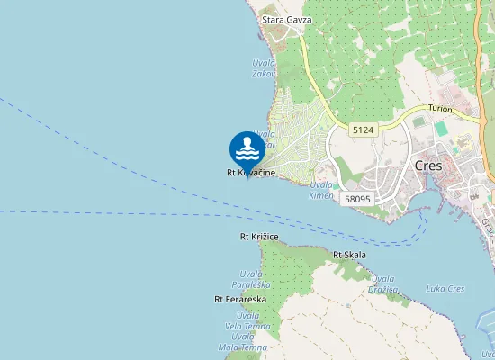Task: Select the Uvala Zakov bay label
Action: pyautogui.click(x=264, y=67)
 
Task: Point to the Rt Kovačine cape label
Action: pyautogui.click(x=250, y=172)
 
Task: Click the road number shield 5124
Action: pyautogui.click(x=363, y=130)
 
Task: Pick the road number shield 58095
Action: pyautogui.click(x=357, y=199)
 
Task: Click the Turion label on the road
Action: pyautogui.click(x=440, y=108)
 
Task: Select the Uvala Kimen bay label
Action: pyautogui.click(x=320, y=190)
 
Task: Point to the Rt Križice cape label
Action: pyautogui.click(x=259, y=237)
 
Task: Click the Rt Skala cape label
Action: pyautogui.click(x=349, y=255)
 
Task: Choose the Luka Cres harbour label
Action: pyautogui.click(x=445, y=288)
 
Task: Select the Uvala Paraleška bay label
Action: pyautogui.click(x=251, y=278)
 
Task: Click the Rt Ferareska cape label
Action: pyautogui.click(x=236, y=299)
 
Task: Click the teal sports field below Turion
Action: pyautogui.click(x=441, y=127)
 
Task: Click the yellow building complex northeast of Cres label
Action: pyautogui.click(x=464, y=143)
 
